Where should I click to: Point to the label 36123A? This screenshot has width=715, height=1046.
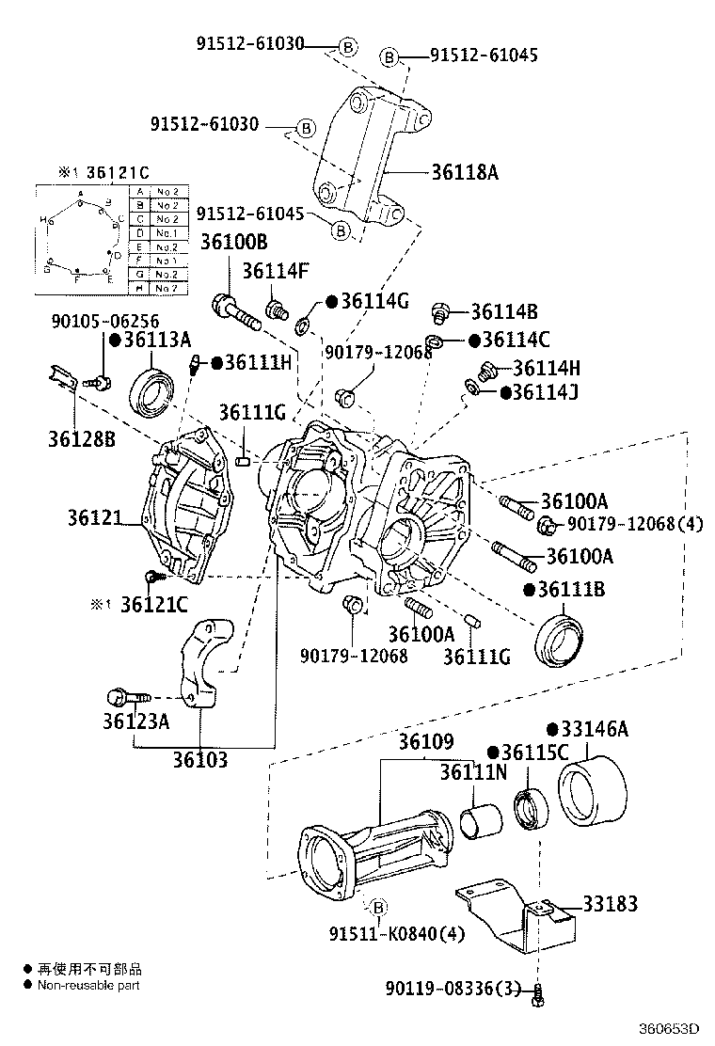click(135, 721)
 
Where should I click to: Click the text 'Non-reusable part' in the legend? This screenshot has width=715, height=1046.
click(87, 985)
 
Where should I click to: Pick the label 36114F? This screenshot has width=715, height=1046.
click(275, 271)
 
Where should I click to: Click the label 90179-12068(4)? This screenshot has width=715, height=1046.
click(633, 524)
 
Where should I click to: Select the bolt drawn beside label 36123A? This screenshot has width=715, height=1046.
click(127, 698)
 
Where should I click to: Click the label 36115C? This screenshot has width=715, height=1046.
click(534, 752)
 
